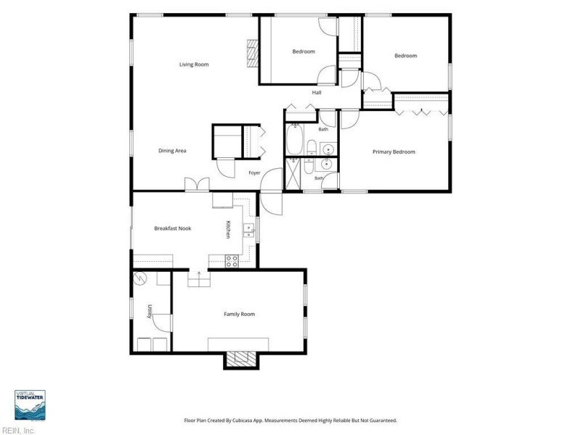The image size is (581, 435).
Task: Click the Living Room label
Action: (194, 65)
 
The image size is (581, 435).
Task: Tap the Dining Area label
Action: (172, 151)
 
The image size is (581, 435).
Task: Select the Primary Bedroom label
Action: (394, 152)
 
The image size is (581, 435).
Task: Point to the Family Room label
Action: (240, 314)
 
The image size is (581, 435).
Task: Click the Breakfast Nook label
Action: (173, 228)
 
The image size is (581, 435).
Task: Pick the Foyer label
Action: (254, 173)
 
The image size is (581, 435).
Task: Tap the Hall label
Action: (317, 93)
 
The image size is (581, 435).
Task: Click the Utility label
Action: (150, 311)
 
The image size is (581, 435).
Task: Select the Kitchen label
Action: (228, 229)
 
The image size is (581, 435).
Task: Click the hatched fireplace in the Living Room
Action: (253, 53)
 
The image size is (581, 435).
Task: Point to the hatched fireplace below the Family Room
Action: (241, 359)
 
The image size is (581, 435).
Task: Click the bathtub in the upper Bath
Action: (295, 139)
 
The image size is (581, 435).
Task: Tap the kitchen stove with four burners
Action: (232, 261)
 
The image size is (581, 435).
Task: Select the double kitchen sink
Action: (248, 230)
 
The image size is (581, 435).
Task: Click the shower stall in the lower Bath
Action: (293, 174)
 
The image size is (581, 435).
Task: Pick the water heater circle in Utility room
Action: (140, 278)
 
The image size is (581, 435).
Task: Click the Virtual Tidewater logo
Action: (30, 405)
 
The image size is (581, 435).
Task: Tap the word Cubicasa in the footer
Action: (243, 420)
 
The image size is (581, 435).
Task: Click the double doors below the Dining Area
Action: (197, 184)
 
